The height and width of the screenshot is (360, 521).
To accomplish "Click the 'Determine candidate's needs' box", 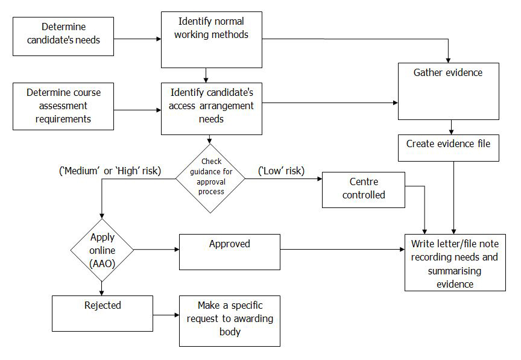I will pos(63,36).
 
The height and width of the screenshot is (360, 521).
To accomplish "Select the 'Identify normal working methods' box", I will pos(210,40).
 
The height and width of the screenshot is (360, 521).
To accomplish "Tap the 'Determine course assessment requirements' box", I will pos(63,106).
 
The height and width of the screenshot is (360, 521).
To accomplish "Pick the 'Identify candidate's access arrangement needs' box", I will pos(210,109).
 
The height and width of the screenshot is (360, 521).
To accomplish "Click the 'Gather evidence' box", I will pos(448,90).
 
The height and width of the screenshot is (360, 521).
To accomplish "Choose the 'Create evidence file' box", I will pos(448,147).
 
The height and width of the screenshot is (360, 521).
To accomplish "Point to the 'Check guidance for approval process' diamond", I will pos(210,178).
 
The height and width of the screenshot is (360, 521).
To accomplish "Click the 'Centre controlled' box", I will pos(363,189).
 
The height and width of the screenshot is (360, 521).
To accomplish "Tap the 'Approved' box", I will pos(229,251).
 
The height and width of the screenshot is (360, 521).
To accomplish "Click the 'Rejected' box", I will pos(103,313).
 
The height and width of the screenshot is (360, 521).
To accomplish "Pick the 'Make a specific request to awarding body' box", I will pos(229,320).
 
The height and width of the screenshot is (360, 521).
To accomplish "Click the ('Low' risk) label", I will pos(281,171).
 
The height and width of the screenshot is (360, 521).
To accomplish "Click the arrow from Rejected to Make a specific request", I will pos(166,314).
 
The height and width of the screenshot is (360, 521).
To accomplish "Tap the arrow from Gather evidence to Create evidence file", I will pos(452,127).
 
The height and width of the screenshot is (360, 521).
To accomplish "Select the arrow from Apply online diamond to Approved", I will pos(156,249).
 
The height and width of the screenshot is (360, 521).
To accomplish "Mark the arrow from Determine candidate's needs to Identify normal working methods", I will pos(137,40).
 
